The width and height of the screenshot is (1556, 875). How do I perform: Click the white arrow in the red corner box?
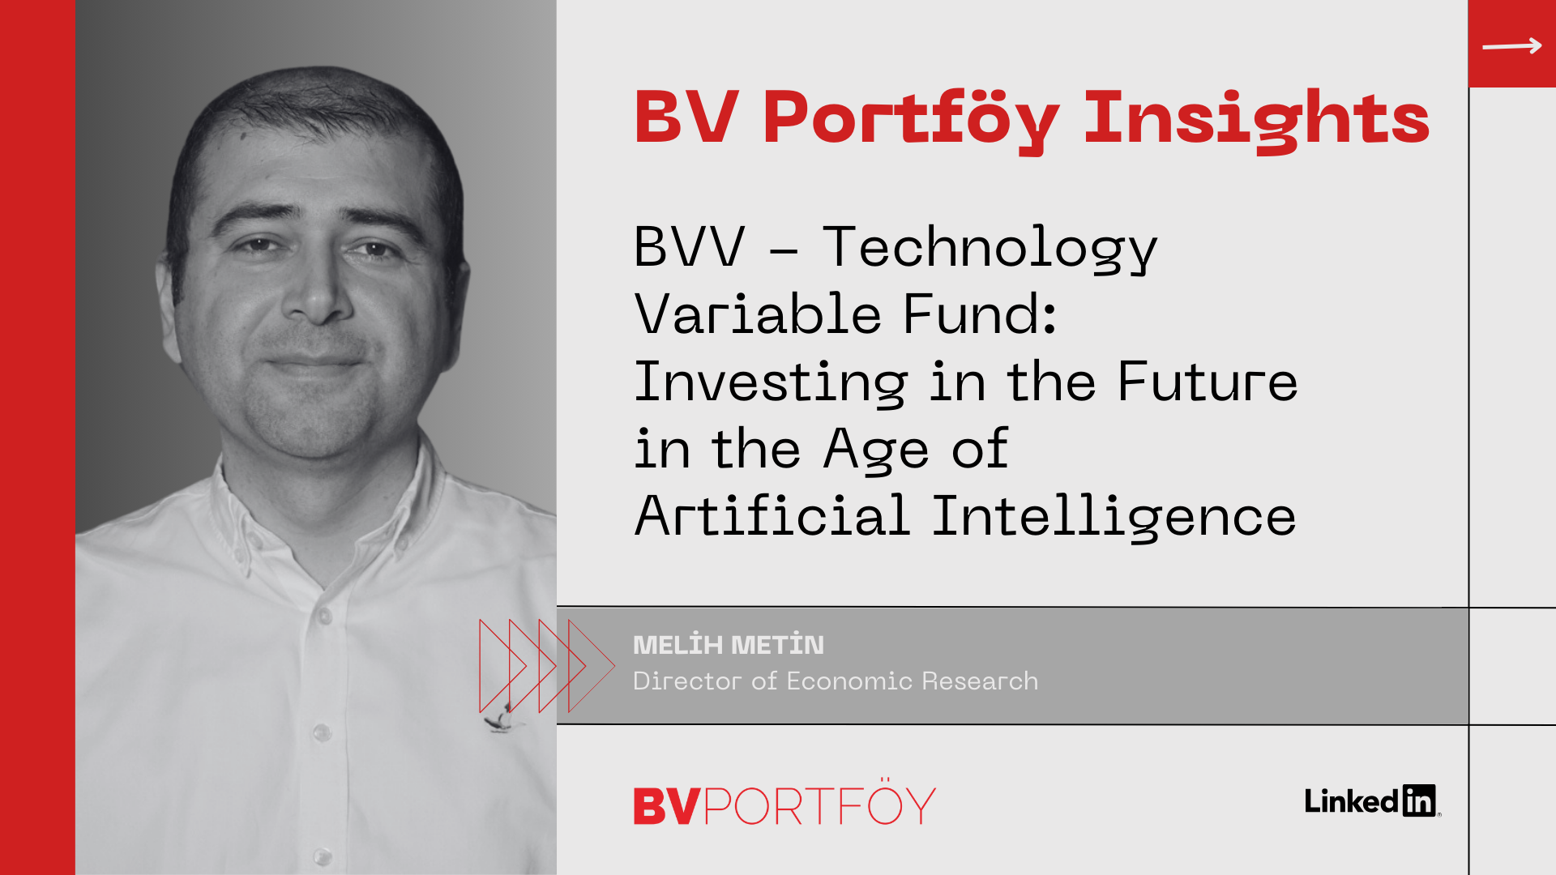pos(1511,45)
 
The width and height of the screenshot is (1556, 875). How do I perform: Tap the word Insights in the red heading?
pos(1257,121)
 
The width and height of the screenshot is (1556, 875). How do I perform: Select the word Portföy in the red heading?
pos(911,121)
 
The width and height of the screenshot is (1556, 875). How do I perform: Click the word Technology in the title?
pos(990,247)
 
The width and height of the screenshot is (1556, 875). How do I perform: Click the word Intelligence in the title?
pos(1114,516)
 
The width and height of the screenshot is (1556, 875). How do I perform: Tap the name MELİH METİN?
pos(728,644)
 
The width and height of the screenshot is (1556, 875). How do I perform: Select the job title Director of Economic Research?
pos(835,681)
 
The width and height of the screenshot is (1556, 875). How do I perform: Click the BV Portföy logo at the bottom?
pos(784,803)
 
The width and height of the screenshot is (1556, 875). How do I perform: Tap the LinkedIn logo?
pos(1372,800)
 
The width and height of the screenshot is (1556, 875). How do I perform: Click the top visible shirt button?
pos(325,617)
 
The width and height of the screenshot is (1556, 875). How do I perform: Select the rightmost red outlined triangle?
pos(592,666)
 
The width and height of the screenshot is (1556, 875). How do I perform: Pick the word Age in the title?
pos(876,450)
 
